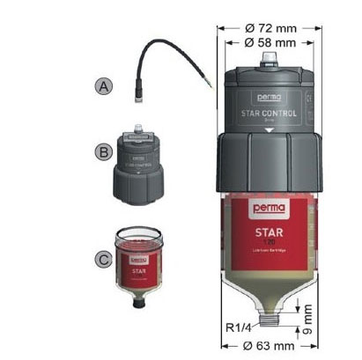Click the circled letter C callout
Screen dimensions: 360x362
(x=104, y=261)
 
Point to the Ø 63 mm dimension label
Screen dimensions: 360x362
(x=270, y=346)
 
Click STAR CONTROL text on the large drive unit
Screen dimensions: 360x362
(x=270, y=113)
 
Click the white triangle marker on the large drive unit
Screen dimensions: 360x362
(x=270, y=128)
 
